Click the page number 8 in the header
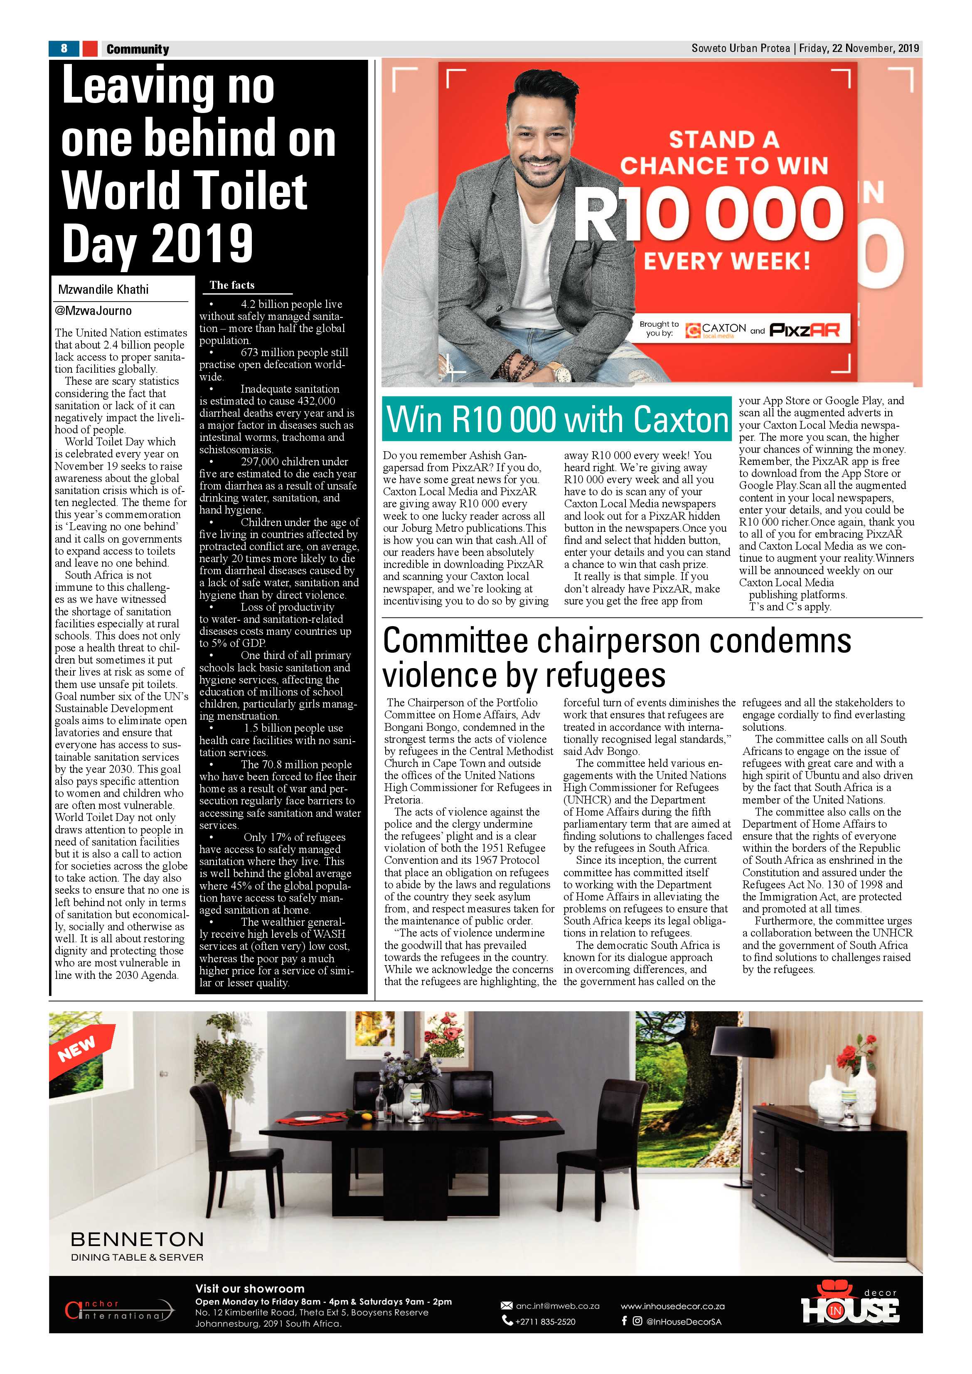(64, 49)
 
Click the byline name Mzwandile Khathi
(103, 290)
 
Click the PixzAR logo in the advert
(805, 330)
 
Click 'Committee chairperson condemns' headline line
(616, 641)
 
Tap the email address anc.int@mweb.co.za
(556, 1306)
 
